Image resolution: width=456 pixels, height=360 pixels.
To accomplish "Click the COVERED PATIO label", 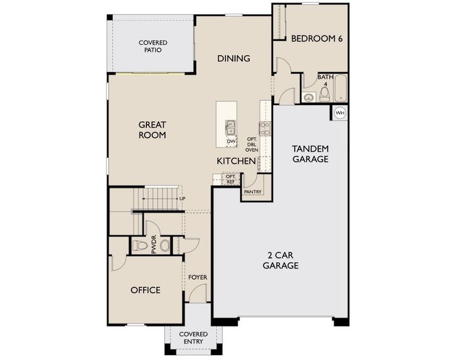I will [x=153, y=46].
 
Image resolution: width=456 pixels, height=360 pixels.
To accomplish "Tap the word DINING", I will [x=233, y=58].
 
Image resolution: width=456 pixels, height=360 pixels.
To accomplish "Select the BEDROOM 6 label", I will [x=317, y=38].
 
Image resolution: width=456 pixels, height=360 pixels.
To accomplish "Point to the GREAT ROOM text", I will [x=152, y=130].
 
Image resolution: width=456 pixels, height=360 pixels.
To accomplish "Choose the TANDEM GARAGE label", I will [x=310, y=154].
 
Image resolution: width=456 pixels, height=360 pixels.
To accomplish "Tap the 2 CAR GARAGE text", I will [x=280, y=260].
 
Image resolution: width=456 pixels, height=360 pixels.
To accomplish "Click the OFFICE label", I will [x=145, y=290].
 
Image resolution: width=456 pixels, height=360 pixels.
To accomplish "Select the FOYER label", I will [x=197, y=277].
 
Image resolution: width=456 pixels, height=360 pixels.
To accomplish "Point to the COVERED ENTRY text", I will [x=193, y=338].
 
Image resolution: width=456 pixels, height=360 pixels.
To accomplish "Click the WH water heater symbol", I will [x=340, y=112].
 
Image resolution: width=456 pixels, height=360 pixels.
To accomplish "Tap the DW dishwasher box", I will [x=231, y=142].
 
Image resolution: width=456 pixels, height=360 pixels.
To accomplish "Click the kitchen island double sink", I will [x=231, y=127].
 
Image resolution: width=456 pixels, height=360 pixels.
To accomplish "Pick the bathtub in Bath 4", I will [x=340, y=88].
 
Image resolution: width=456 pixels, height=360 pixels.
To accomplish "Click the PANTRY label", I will [x=251, y=193].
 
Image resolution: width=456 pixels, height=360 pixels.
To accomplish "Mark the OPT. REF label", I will [x=231, y=179].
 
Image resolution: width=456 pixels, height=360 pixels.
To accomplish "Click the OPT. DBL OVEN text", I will [x=252, y=145].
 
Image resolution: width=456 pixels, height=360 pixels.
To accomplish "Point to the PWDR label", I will [x=154, y=245].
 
